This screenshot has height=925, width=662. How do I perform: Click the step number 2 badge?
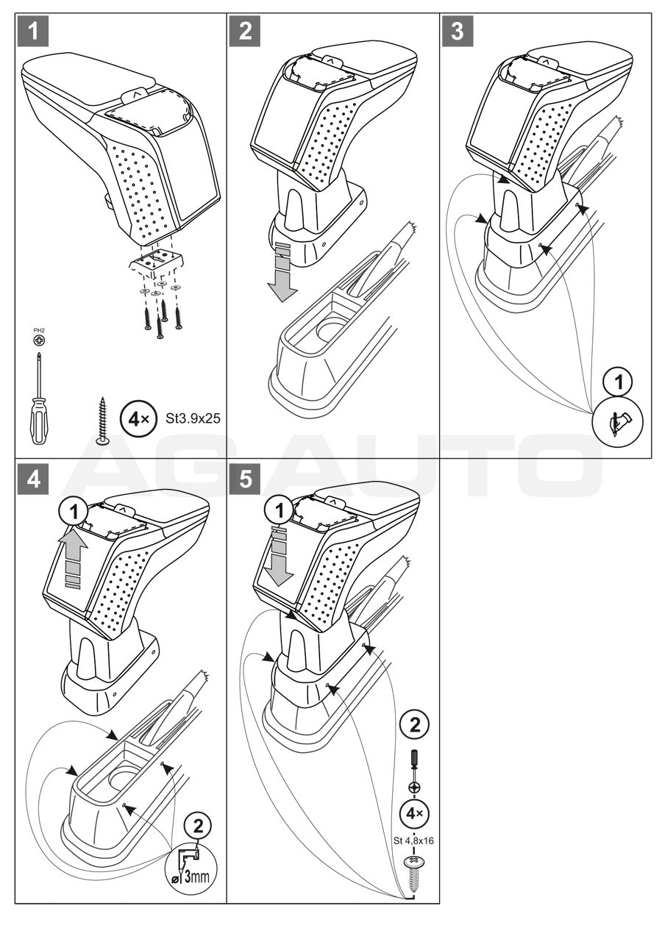pos(245,31)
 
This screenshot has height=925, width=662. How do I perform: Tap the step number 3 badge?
pos(458,31)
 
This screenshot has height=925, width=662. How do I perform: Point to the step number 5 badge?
pos(245,477)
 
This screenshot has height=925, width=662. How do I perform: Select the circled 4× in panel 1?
pos(137,419)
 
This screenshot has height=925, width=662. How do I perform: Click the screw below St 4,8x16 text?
pos(414,871)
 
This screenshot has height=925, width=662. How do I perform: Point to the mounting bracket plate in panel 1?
pos(157,259)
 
